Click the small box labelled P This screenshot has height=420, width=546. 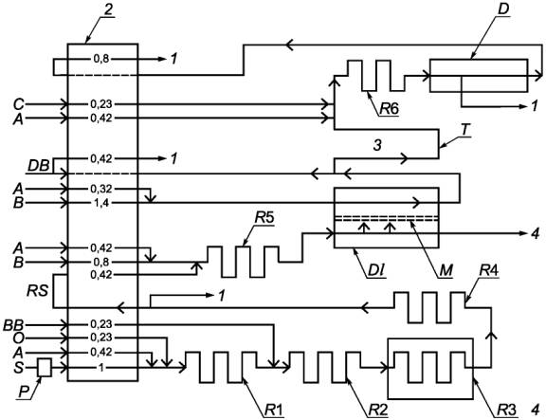pyautogui.click(x=45, y=367)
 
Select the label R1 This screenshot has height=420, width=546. pyautogui.click(x=274, y=410)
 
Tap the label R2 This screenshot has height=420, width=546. pyautogui.click(x=378, y=410)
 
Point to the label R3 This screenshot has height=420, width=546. pyautogui.click(x=506, y=410)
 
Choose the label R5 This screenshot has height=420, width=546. pyautogui.click(x=264, y=218)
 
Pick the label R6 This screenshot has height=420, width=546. pyautogui.click(x=389, y=109)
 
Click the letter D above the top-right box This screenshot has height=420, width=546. pyautogui.click(x=502, y=9)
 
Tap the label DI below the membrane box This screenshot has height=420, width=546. pyautogui.click(x=374, y=270)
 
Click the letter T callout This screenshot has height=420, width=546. pyautogui.click(x=464, y=130)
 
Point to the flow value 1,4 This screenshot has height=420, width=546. pyautogui.click(x=101, y=202)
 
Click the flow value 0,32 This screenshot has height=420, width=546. pyautogui.click(x=101, y=189)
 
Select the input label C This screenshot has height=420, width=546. pyautogui.click(x=18, y=104)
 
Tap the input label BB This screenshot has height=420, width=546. pyautogui.click(x=13, y=325)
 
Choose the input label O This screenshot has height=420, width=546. pyautogui.click(x=18, y=338)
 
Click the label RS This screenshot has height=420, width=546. pyautogui.click(x=38, y=290)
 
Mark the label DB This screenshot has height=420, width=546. pyautogui.click(x=38, y=166)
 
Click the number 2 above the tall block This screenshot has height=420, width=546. pyautogui.click(x=109, y=9)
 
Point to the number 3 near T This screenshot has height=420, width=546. pyautogui.click(x=377, y=145)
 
